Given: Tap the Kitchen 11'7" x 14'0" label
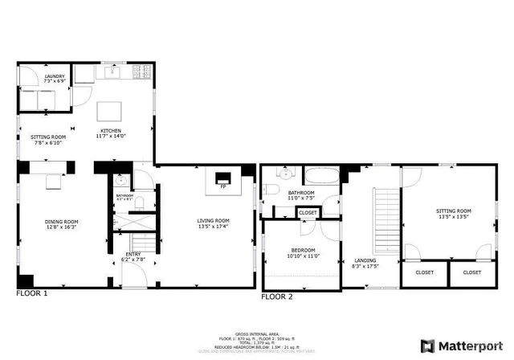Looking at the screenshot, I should pos(111,134).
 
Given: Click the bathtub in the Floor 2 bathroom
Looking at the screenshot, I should pos(320,176).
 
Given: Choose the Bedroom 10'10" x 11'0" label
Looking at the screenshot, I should pos(303,253).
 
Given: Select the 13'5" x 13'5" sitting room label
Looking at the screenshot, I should pos(453,214).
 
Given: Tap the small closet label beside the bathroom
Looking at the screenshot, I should pos(308,212).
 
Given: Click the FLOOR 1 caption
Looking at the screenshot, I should pos(32,294).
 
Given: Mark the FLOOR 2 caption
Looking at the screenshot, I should pos(277,297).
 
